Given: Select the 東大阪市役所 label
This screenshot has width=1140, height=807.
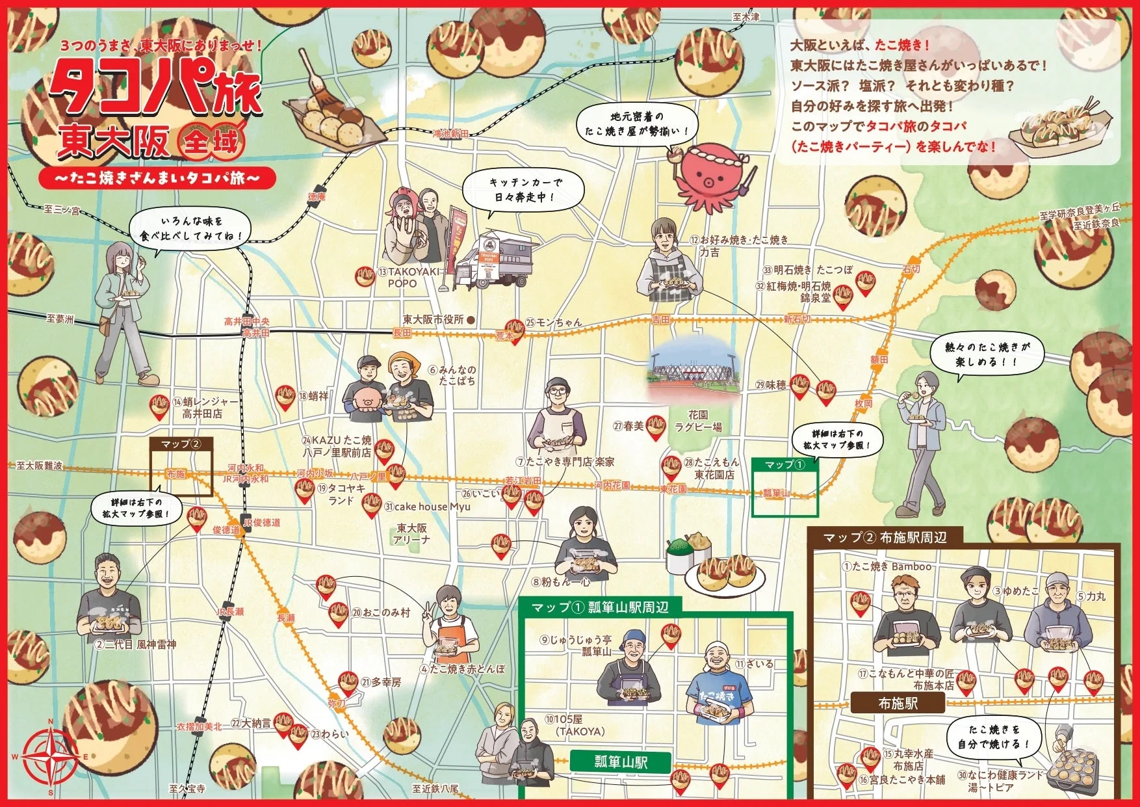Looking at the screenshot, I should point(434,319).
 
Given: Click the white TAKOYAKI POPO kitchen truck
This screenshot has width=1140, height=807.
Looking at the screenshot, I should point(494,261).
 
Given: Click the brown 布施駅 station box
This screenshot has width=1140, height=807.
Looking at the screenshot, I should point(898,703).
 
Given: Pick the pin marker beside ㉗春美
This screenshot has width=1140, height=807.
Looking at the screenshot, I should point(656,427).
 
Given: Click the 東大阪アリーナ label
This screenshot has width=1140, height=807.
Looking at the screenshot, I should point(411,533).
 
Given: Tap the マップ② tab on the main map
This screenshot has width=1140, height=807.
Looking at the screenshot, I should point(181,444).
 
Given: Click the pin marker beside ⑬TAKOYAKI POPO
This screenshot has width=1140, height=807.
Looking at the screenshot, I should point(365,276).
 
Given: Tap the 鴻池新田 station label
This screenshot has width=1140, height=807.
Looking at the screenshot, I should point(450,133).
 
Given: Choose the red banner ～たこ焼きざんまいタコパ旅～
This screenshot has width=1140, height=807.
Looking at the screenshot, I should point(157,178).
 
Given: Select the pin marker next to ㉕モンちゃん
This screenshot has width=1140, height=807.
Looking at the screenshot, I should point(515,329).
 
